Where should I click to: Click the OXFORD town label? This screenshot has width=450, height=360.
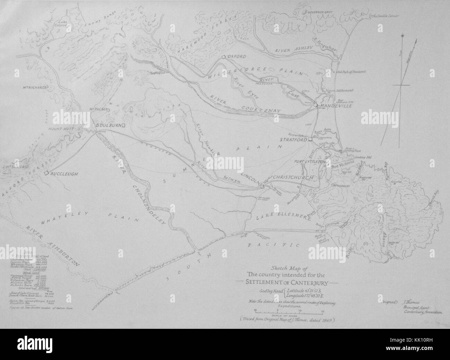coord(237,56)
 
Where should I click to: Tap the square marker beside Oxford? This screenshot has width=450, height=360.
coord(224,56)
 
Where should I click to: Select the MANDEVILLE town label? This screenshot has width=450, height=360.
coord(335,106)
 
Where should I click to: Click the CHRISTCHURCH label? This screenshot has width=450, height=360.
coord(293,177)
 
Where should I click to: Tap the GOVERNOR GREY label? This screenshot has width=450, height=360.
coord(321,11)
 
